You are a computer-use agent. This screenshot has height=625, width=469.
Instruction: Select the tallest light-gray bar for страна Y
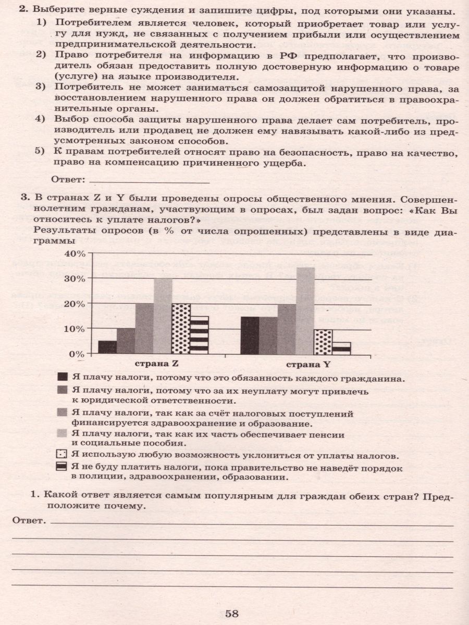pyautogui.click(x=305, y=311)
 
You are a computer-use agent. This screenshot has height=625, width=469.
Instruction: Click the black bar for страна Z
pyautogui.click(x=107, y=347)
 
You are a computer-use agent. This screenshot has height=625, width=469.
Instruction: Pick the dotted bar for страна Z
pyautogui.click(x=180, y=329)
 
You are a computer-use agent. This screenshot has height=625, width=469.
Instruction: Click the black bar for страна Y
pyautogui.click(x=250, y=335)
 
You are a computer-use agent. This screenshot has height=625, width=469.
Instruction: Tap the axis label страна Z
pyautogui.click(x=154, y=364)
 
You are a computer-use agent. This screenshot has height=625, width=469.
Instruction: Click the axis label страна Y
pyautogui.click(x=295, y=364)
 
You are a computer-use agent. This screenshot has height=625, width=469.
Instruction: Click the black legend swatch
pyautogui.click(x=63, y=377)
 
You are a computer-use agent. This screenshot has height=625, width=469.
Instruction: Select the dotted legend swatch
pyautogui.click(x=63, y=455)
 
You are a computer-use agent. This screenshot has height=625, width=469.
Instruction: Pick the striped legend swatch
pyautogui.click(x=63, y=467)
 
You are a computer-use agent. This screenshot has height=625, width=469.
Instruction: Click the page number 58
pyautogui.click(x=231, y=613)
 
